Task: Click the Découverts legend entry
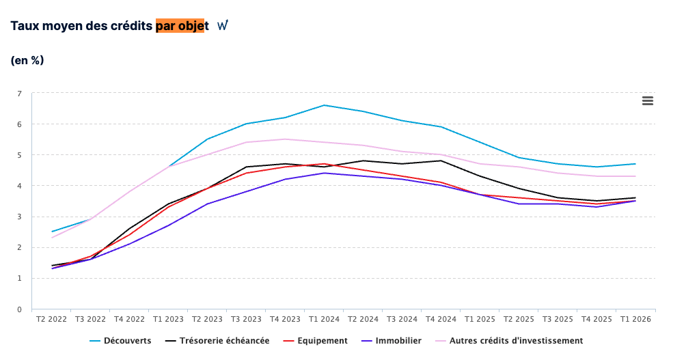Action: pos(120,341)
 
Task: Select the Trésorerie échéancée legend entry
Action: pos(217,341)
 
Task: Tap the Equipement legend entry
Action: pos(316,341)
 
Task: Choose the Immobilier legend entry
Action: pos(392,341)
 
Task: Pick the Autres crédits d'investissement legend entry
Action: pos(509,341)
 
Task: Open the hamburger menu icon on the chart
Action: pos(648,101)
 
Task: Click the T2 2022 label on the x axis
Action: pos(52,319)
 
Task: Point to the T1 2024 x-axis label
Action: pos(324,319)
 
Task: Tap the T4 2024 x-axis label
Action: pos(441,319)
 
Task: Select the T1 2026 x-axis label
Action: pos(635,319)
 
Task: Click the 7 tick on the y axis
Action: pos(19,94)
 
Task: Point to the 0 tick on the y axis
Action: pos(19,309)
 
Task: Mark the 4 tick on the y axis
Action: pos(19,186)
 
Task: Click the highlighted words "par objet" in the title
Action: pos(180,26)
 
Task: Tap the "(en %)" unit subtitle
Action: pos(27,60)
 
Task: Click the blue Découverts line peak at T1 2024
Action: pos(324,105)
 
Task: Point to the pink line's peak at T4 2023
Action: pos(285,139)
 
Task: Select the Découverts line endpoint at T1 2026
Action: pos(635,164)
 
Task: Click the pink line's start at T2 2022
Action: pos(52,238)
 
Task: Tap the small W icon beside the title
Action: pos(223,25)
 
